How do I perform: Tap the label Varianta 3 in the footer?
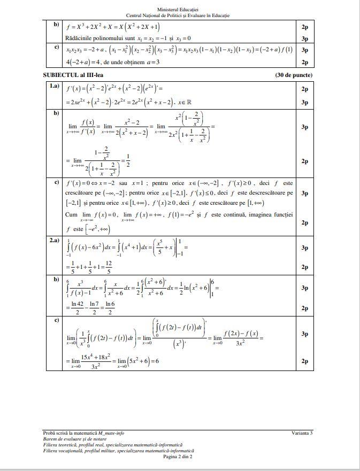click(302, 433)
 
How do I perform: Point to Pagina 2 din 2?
click(178, 456)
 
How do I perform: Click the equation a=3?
click(152, 62)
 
